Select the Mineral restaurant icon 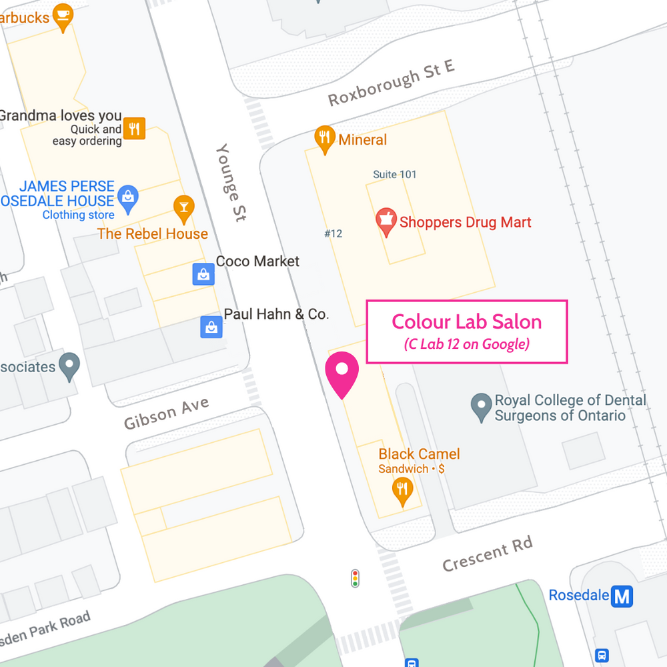(x=324, y=138)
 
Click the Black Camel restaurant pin (x=402, y=490)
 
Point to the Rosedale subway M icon (x=622, y=596)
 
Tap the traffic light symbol (x=355, y=578)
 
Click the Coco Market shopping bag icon (x=203, y=273)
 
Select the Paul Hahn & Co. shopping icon (x=211, y=326)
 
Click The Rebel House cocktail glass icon (x=183, y=207)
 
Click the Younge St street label (x=231, y=181)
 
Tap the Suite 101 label (x=394, y=175)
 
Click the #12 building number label (x=333, y=233)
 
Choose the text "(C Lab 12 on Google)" (x=466, y=344)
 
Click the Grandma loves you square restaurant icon (x=135, y=129)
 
